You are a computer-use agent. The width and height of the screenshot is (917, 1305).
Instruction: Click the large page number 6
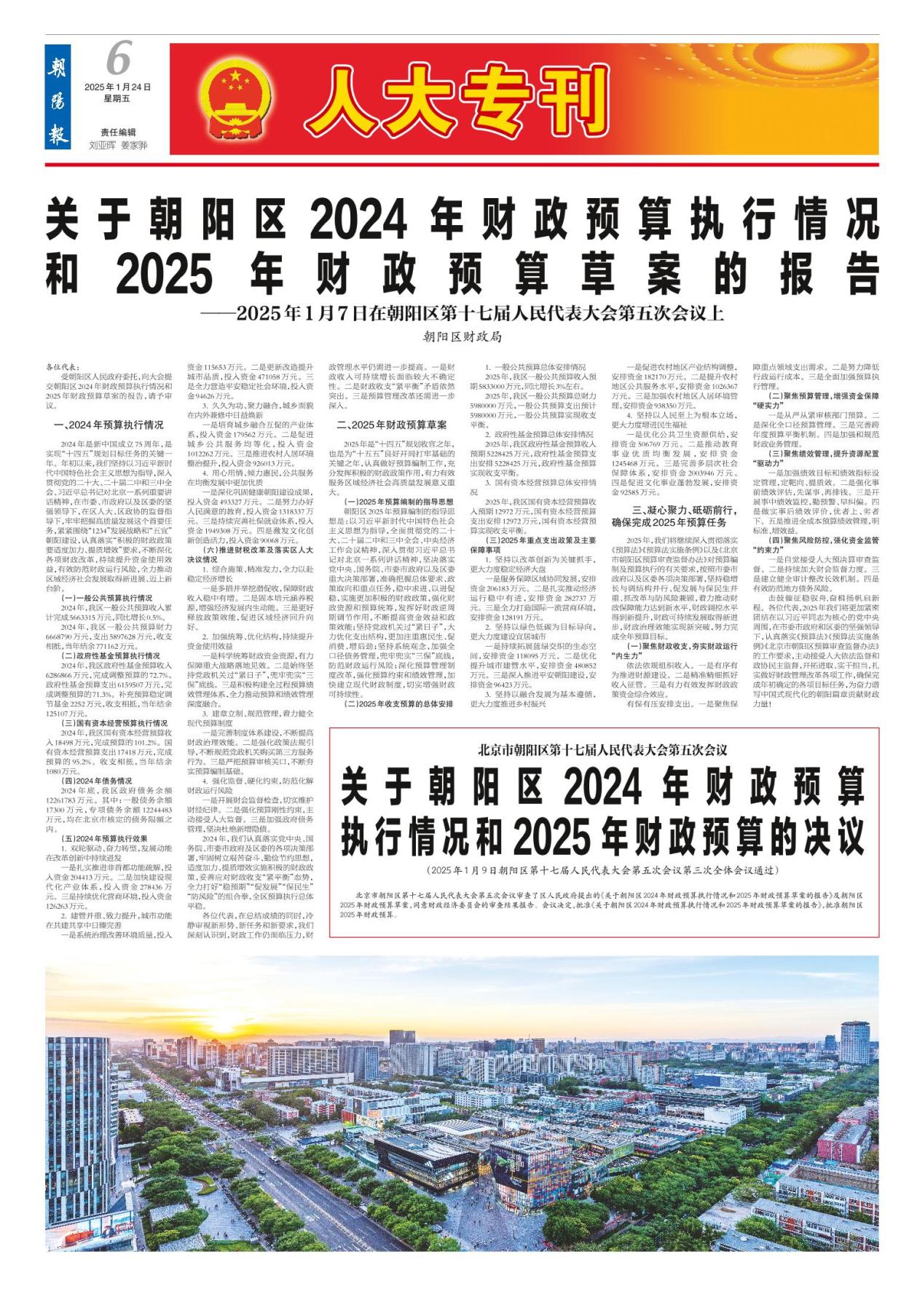[x=118, y=59]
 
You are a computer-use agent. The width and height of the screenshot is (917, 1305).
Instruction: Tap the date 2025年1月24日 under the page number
[x=118, y=87]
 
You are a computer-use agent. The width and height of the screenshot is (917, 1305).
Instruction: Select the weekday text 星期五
[x=117, y=98]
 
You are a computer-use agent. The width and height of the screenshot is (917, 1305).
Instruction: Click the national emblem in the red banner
[x=235, y=100]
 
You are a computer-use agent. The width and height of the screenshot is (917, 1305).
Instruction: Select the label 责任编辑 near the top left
[x=118, y=132]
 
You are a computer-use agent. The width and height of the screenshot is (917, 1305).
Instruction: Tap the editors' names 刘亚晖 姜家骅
[x=118, y=145]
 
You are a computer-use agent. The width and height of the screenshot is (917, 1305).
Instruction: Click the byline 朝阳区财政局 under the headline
[x=462, y=337]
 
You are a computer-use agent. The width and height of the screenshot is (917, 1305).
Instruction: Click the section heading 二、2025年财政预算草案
[x=392, y=425]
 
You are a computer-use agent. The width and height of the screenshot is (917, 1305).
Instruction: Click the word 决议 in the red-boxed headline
[x=833, y=837]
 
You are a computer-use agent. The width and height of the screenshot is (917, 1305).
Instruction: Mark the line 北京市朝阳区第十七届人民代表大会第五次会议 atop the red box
[x=603, y=748]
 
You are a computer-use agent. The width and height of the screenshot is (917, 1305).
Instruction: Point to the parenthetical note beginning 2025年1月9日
[x=603, y=870]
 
